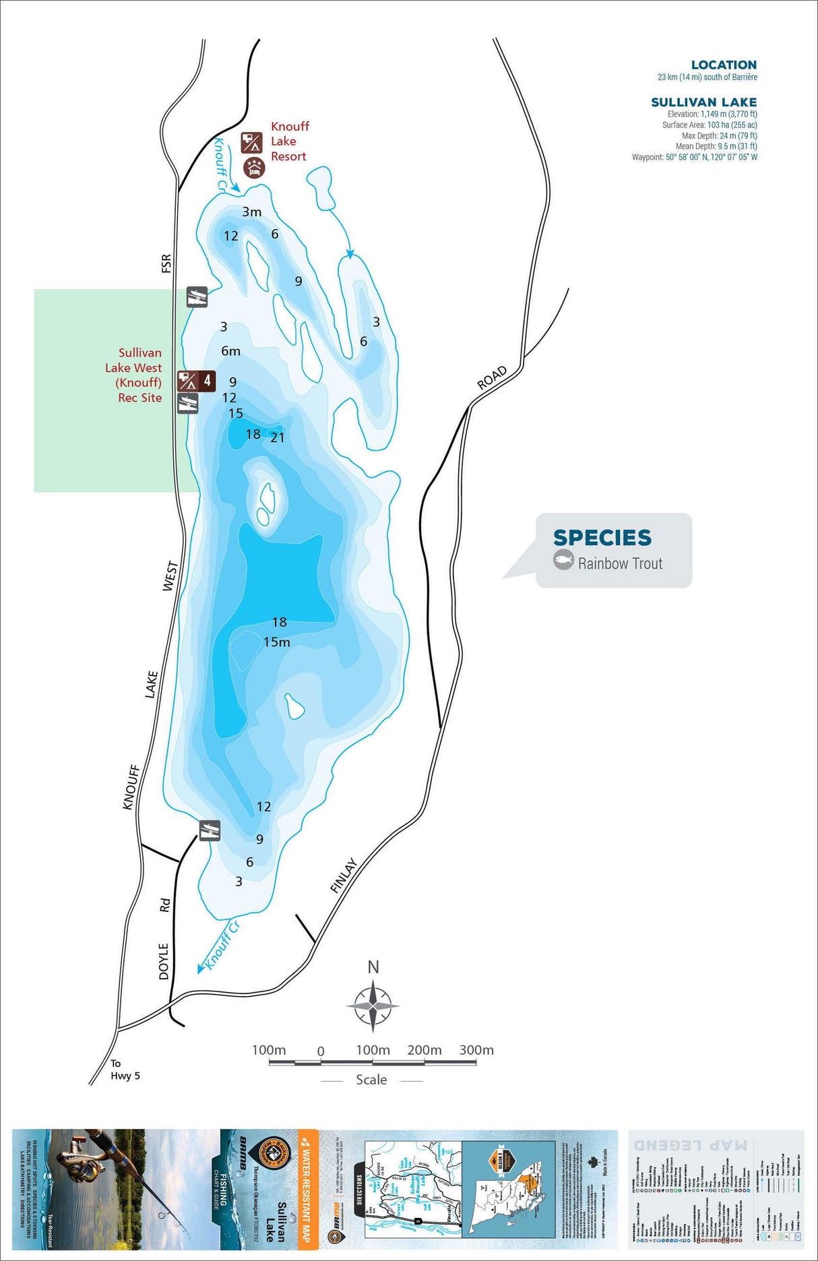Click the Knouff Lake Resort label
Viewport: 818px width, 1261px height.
290,142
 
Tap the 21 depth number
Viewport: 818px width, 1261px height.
278,437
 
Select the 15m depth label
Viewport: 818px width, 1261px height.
277,642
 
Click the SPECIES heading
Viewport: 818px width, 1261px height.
602,538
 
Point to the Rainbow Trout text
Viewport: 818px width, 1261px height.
620,563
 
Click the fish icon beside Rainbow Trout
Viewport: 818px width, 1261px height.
563,560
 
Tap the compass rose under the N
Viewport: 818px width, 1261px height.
373,1005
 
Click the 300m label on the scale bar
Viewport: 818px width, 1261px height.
476,1050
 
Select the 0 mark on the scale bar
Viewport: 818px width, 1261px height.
321,1051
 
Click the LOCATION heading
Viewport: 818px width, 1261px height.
724,65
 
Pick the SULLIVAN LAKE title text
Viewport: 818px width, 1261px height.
703,102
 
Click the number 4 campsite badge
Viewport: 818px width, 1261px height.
207,381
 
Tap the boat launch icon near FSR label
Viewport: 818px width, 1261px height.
197,297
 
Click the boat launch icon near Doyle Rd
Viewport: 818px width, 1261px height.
210,830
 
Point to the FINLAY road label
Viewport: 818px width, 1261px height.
344,875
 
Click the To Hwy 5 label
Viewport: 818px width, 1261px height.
125,1070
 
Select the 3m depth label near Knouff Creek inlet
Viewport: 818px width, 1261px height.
252,212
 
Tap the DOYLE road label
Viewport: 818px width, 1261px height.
164,961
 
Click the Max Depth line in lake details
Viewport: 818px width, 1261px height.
719,135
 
